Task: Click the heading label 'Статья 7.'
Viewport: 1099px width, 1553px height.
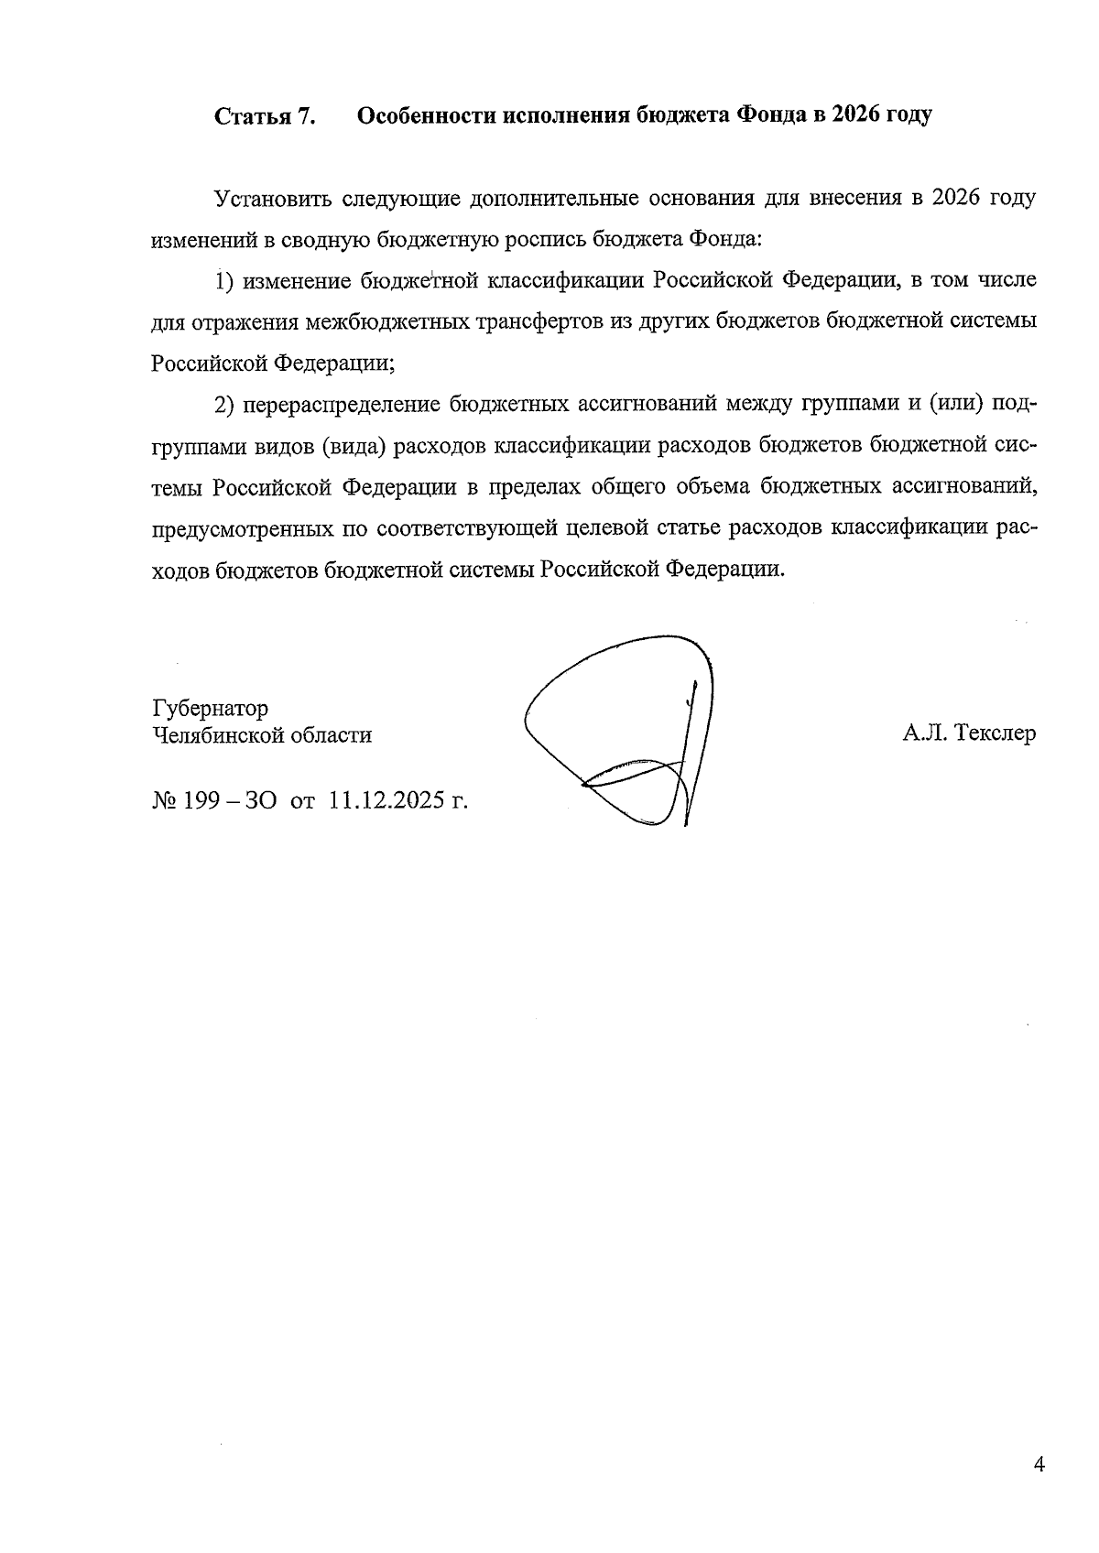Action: click(265, 117)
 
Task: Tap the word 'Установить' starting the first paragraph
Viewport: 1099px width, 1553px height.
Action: click(270, 200)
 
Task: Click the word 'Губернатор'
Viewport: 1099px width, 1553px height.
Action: click(211, 709)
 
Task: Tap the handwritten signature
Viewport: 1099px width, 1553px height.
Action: click(632, 733)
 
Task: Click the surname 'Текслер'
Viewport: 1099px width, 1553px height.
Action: click(995, 734)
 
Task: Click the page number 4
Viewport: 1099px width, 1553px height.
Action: click(1038, 1464)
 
